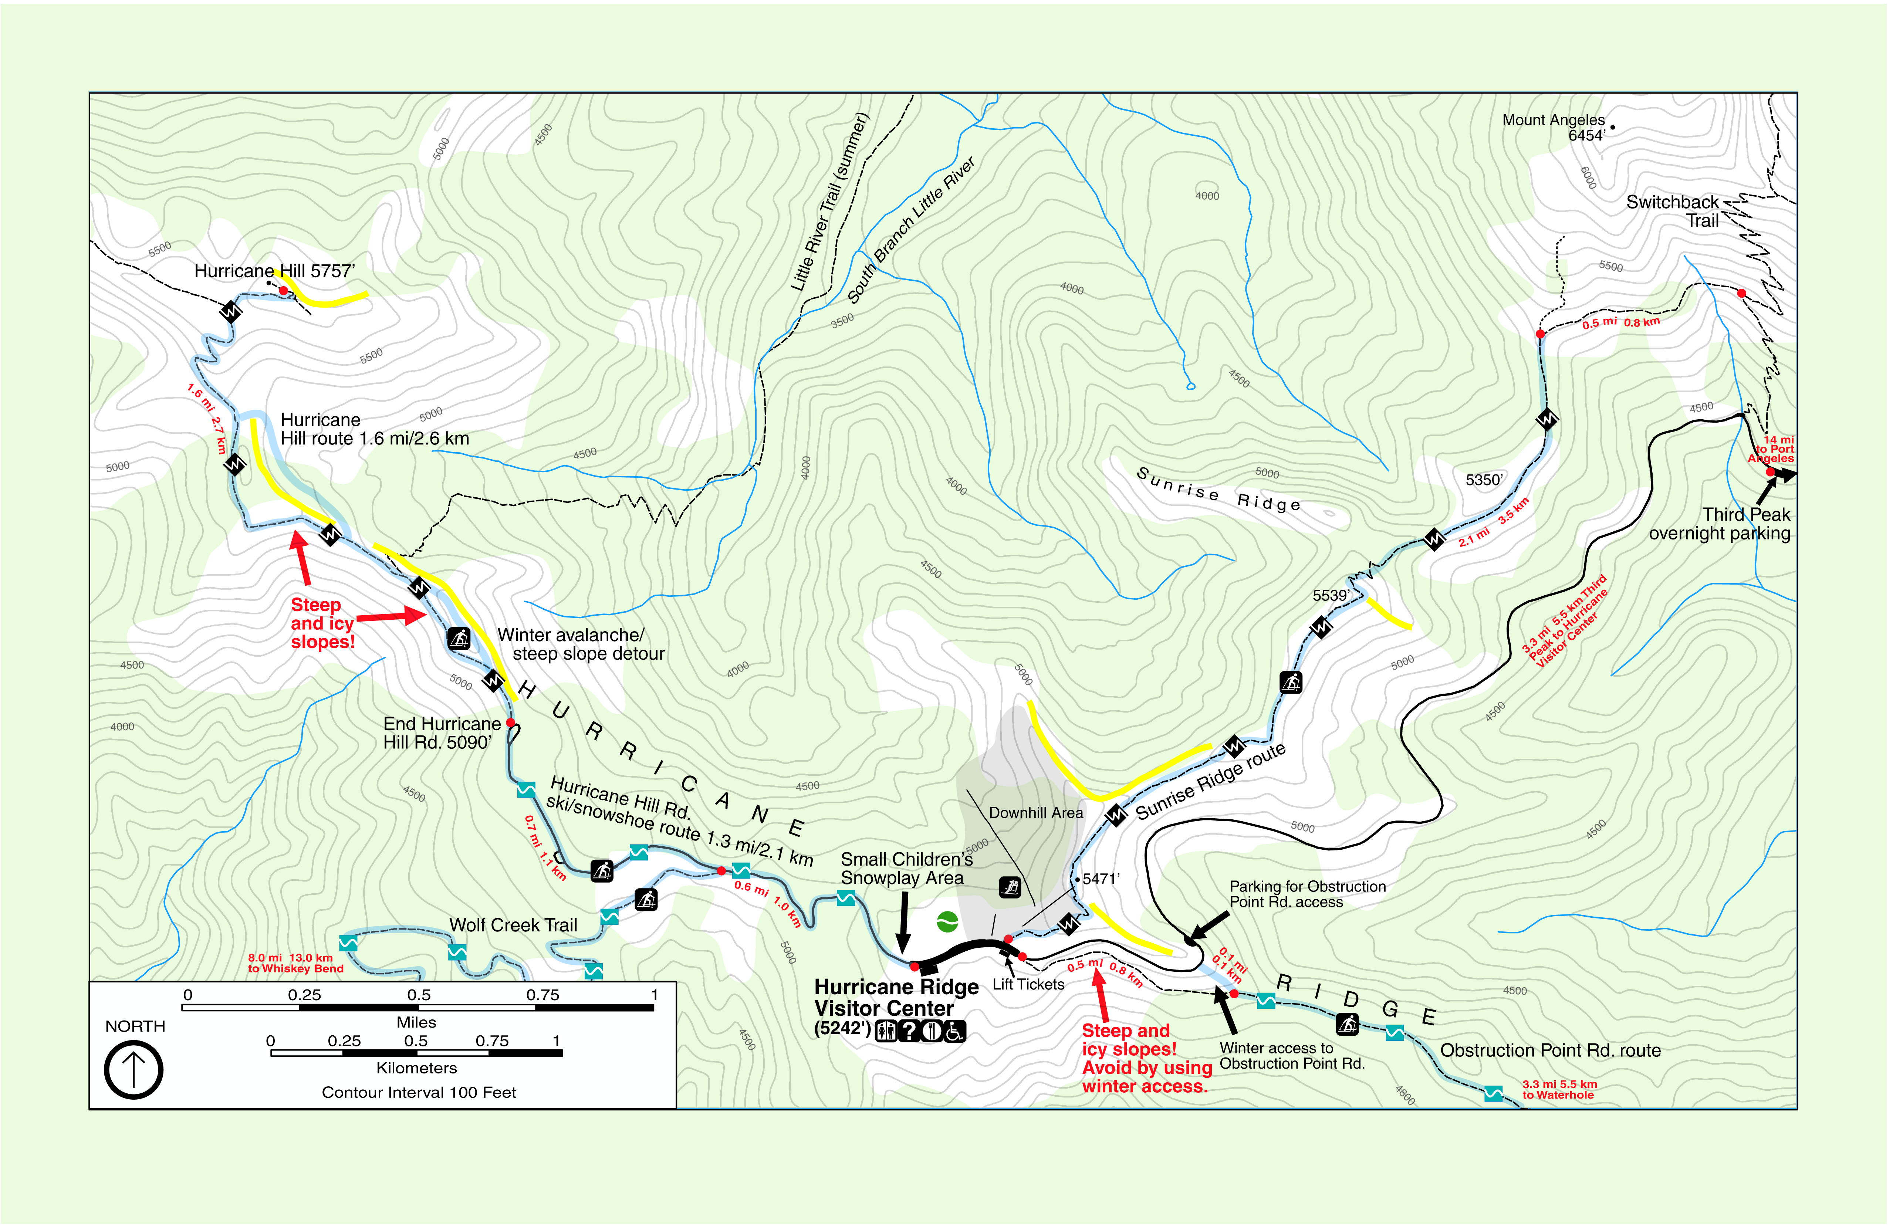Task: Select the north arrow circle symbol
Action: click(133, 1070)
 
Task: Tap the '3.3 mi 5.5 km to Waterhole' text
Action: click(1559, 1090)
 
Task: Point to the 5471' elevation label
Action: click(1101, 879)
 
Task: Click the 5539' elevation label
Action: click(1331, 596)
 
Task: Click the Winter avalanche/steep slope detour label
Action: click(581, 644)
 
